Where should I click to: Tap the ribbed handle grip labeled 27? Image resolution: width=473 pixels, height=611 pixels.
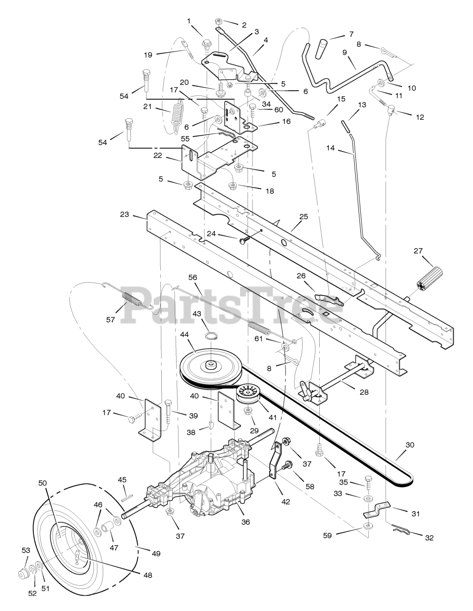coord(430,279)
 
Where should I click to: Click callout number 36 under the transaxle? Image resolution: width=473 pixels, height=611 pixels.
coord(246,522)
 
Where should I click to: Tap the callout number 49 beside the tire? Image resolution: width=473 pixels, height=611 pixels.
coord(156,554)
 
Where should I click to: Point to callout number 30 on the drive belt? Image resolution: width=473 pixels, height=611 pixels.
coord(410,445)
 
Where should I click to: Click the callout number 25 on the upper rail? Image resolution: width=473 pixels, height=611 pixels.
coord(304,216)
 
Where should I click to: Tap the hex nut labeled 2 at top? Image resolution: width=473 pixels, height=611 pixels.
coord(218,21)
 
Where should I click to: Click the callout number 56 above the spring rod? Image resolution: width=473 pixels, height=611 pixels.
coord(192,277)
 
